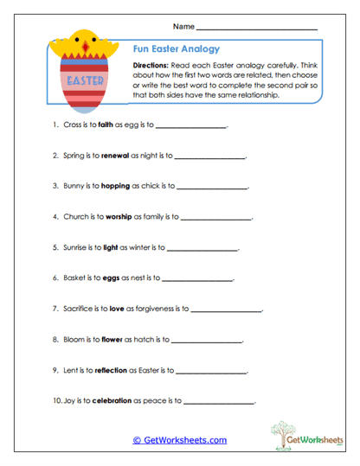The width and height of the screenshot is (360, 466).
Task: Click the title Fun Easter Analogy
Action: [x=177, y=50]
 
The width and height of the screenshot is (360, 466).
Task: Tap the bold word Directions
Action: [x=153, y=66]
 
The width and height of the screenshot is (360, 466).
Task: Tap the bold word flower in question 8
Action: [x=112, y=339]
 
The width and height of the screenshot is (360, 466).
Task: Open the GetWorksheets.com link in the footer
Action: [x=179, y=440]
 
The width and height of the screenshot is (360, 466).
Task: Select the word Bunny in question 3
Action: [x=75, y=187]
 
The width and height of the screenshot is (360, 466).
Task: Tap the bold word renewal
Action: [x=119, y=156]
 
